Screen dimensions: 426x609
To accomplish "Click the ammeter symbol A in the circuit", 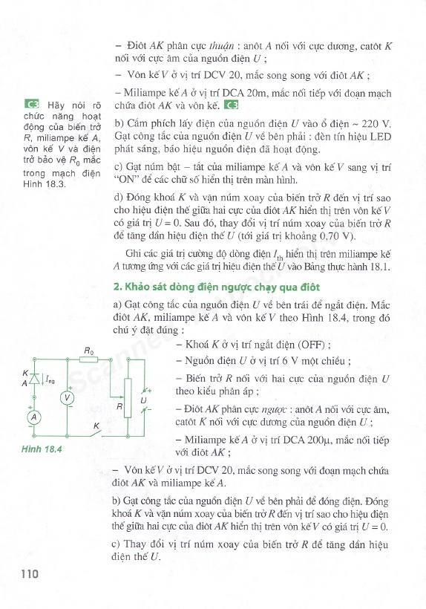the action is pyautogui.click(x=33, y=418).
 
